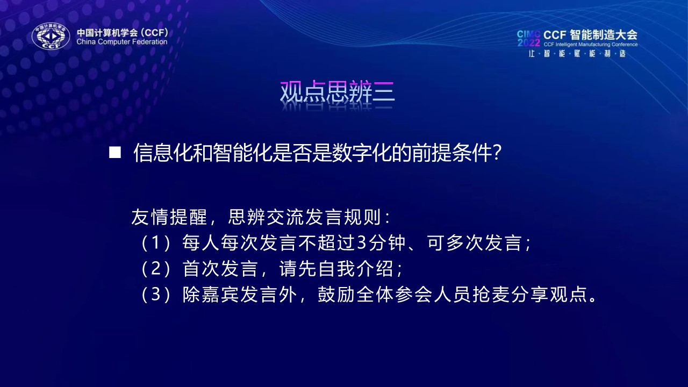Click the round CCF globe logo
pos(51,36)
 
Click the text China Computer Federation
pos(122,42)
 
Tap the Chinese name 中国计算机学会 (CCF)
pos(123,32)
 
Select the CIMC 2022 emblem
pos(528,38)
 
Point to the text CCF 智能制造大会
pos(590,35)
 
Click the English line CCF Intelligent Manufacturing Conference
pos(591,45)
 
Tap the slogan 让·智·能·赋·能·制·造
pos(577,54)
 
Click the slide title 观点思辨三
pos(337,91)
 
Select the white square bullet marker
pos(115,152)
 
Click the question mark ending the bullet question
pos(497,153)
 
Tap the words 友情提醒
pos(169,217)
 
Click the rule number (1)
pos(156,242)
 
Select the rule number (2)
pos(156,268)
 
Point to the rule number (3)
pos(156,294)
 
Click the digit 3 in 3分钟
pos(362,242)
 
